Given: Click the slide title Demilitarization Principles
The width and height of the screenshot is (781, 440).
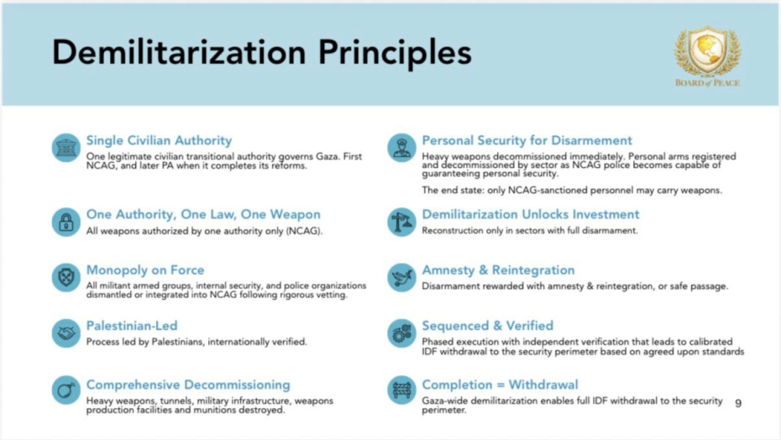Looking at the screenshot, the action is (x=261, y=52).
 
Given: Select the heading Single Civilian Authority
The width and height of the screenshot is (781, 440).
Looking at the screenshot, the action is (x=159, y=140).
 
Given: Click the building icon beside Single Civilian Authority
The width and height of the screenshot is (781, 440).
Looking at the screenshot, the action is (x=66, y=148).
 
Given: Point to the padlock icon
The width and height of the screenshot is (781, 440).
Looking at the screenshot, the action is (x=66, y=222).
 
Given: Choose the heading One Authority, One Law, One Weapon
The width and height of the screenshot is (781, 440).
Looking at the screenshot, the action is (x=203, y=214).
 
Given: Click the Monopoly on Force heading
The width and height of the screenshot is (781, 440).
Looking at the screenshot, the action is (x=145, y=270).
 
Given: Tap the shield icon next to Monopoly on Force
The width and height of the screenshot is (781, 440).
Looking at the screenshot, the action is (x=66, y=278).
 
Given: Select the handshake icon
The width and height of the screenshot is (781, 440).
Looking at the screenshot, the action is (x=66, y=333).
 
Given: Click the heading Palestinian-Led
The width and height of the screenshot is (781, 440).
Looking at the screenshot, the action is (x=132, y=326).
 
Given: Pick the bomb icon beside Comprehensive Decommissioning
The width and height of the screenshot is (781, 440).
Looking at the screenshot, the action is (x=66, y=390).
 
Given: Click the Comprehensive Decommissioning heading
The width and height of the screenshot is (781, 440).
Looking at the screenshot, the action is (x=188, y=385).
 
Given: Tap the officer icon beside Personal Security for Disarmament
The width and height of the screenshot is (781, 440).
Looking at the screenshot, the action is (x=401, y=148).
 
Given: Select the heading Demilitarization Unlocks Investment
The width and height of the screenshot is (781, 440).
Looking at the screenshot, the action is (x=531, y=214).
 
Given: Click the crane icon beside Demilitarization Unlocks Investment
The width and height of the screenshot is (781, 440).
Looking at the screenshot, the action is (x=401, y=222).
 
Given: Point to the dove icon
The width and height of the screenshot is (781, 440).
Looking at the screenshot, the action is (x=401, y=278).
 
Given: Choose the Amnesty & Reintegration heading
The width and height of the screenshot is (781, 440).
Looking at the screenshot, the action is (x=498, y=270).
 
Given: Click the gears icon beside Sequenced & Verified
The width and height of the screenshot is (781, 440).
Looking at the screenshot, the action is (x=401, y=333).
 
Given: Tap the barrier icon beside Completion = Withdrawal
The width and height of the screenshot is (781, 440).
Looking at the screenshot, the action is (x=401, y=390).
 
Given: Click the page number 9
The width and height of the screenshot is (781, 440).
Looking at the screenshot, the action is (x=738, y=402).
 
